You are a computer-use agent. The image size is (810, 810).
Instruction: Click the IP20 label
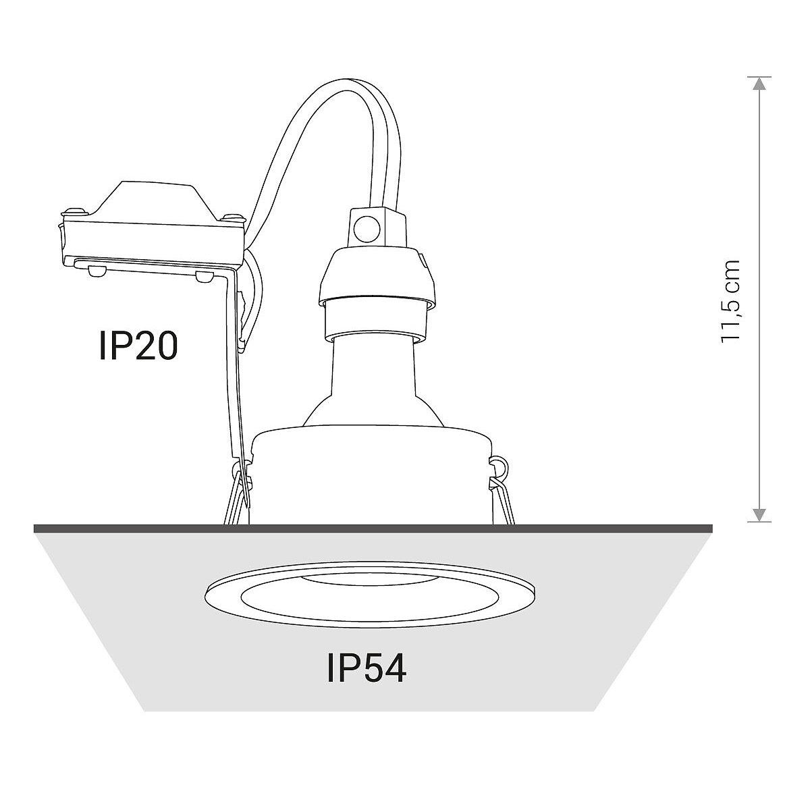138,345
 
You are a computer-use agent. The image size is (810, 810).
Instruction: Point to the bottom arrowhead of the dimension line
759,514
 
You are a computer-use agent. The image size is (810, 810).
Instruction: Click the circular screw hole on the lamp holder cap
367,229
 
